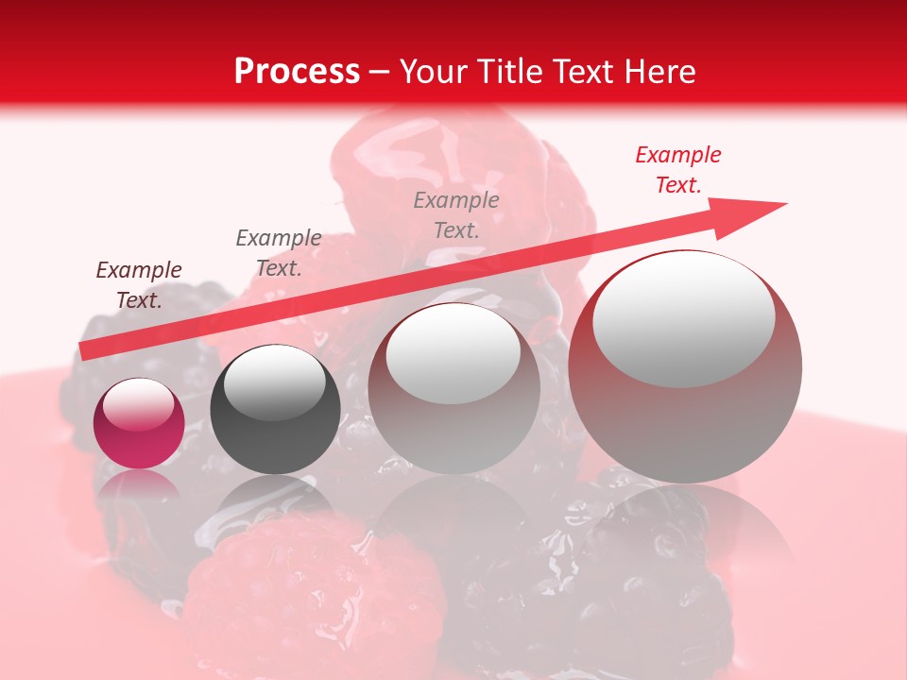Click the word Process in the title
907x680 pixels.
click(x=297, y=72)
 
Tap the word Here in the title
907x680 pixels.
click(x=660, y=72)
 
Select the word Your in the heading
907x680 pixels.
click(x=433, y=72)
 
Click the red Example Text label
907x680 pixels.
click(x=678, y=170)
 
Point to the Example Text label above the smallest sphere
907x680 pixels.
click(x=139, y=285)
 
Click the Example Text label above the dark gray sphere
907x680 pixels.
click(x=279, y=252)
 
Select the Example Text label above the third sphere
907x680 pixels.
click(x=456, y=214)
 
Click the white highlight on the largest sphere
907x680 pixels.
click(x=684, y=318)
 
